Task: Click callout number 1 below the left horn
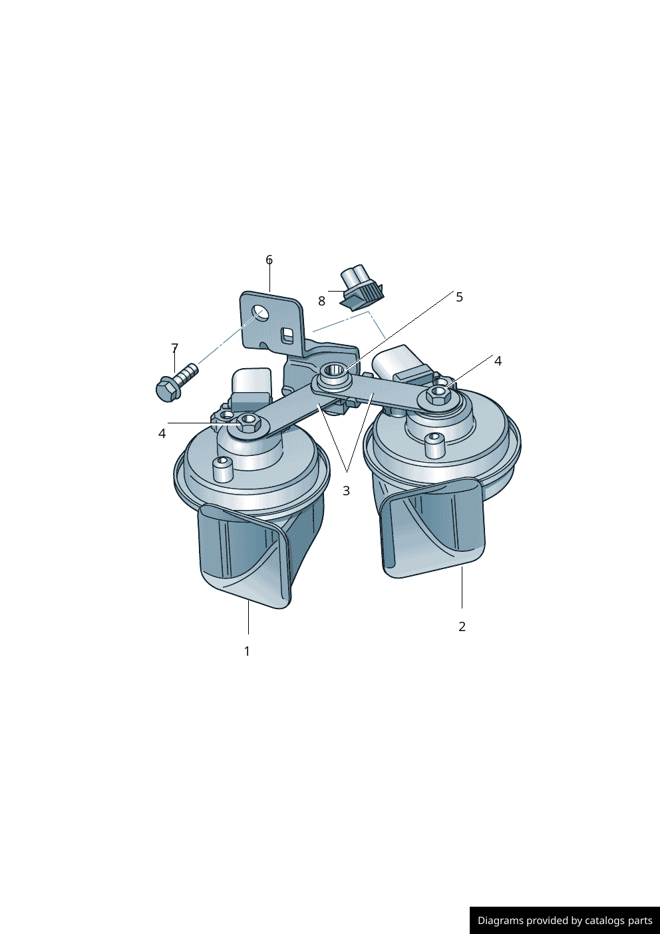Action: [x=247, y=651]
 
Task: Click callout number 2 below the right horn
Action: [x=462, y=626]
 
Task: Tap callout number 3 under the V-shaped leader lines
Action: [x=346, y=491]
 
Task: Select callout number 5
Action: [x=459, y=297]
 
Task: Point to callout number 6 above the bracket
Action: [x=269, y=260]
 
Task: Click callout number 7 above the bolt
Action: [x=174, y=348]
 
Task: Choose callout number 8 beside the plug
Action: [x=321, y=301]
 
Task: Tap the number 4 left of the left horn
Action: [x=162, y=433]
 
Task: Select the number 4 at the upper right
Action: [x=498, y=361]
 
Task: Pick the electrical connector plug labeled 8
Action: [x=361, y=288]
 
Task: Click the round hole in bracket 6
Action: [x=261, y=313]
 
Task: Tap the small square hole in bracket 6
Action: [x=287, y=334]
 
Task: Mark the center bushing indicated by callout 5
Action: [x=333, y=372]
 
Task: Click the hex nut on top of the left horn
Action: [x=249, y=421]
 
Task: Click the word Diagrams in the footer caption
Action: [x=500, y=921]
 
